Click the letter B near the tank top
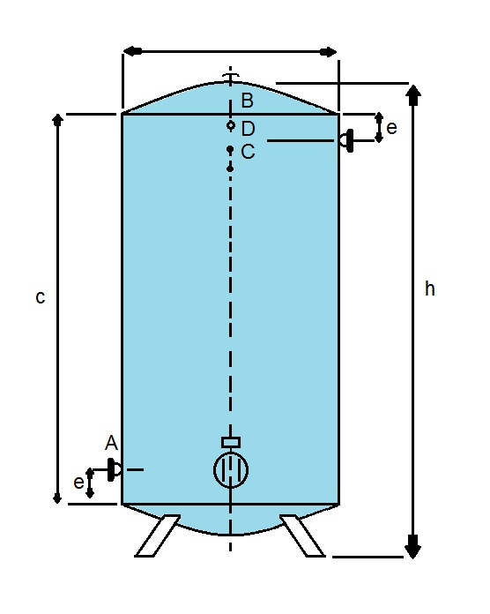tap(248, 101)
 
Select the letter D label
tap(249, 129)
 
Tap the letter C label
tap(248, 152)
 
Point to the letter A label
tap(111, 443)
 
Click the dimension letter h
tap(430, 289)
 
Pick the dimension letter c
tap(41, 297)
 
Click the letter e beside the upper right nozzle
tap(391, 128)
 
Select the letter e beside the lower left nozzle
tap(78, 482)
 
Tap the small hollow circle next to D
tap(230, 125)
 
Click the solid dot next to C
tap(230, 149)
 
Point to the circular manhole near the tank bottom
tap(231, 470)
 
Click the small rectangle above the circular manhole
tap(231, 443)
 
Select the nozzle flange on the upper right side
tap(347, 140)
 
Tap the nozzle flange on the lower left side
tap(114, 469)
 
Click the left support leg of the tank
tap(157, 535)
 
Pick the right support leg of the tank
tap(302, 535)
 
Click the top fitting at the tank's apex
tap(230, 77)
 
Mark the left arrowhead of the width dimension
tap(132, 51)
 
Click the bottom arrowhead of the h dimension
tap(412, 546)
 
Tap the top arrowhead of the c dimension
tap(58, 119)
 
